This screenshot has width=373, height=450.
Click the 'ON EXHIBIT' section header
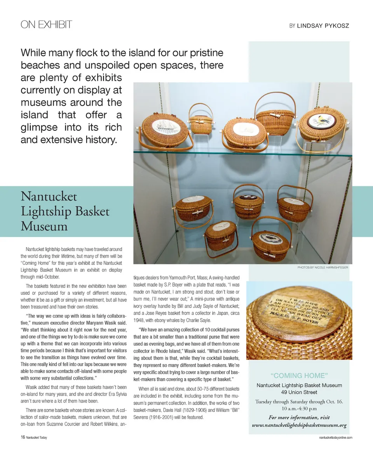46,25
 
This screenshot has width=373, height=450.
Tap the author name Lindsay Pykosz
323,26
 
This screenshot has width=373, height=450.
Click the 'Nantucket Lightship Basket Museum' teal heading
65,211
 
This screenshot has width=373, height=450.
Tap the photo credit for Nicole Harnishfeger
323,267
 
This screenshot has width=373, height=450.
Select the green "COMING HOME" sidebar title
299,376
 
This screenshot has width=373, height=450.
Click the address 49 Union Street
299,392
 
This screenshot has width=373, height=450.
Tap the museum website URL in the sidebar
299,425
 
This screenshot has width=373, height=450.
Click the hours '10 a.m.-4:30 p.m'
299,409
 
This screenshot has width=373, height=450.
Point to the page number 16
23,437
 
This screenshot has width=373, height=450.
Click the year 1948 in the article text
140,320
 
